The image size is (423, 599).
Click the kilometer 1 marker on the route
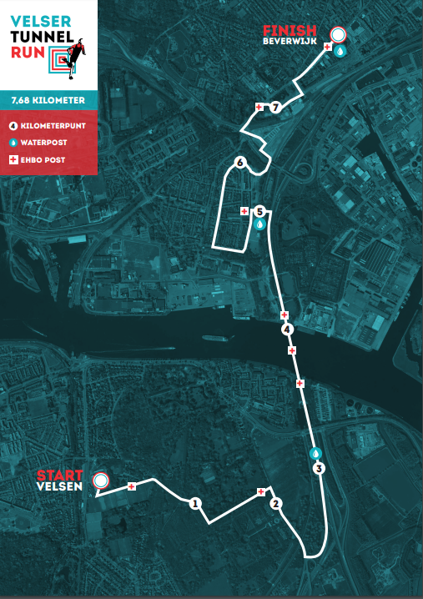click(194, 503)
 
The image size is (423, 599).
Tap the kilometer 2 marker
click(276, 503)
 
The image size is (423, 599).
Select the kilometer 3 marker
click(318, 469)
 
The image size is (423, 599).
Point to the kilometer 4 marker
click(288, 330)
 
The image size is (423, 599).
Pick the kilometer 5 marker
click(259, 212)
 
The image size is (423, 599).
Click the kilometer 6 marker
click(240, 163)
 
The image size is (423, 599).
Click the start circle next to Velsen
click(101, 481)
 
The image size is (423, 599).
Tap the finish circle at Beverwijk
click(338, 35)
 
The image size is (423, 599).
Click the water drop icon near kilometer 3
click(315, 454)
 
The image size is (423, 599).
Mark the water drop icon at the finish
click(340, 50)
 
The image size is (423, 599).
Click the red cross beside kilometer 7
click(259, 107)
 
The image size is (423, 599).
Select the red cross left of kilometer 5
click(244, 211)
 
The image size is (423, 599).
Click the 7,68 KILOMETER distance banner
click(48, 100)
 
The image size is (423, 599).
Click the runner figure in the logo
click(76, 51)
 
